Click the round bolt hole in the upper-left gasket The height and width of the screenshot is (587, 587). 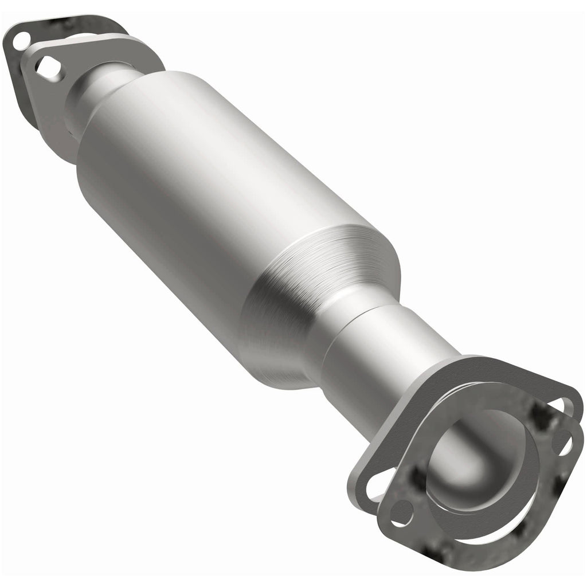coord(21,40)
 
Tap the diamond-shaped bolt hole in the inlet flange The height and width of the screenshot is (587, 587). coord(50,68)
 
